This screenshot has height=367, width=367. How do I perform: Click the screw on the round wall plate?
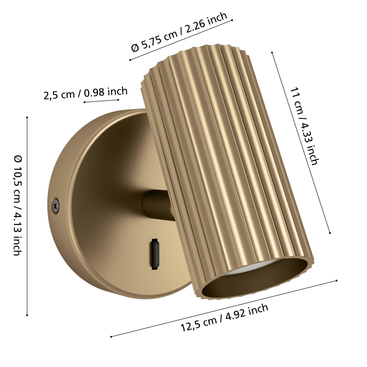[x=55, y=204]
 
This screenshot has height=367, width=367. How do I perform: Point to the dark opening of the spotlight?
[x=254, y=281]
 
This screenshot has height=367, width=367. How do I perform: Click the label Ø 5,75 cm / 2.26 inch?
[x=179, y=33]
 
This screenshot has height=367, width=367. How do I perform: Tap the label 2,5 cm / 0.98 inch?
[x=85, y=93]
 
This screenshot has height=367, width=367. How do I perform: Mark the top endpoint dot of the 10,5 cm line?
[x=27, y=117]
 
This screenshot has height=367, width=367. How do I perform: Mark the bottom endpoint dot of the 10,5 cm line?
[x=27, y=315]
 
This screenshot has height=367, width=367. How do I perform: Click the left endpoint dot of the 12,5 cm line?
[x=111, y=337]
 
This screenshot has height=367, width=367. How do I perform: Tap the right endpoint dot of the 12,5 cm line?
[x=337, y=280]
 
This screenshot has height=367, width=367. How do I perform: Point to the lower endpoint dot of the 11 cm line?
[x=330, y=233]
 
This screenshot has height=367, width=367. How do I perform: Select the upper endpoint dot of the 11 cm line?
[x=272, y=52]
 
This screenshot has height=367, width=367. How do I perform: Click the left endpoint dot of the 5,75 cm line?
[x=130, y=60]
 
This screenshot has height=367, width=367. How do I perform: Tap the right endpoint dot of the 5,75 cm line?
[x=232, y=20]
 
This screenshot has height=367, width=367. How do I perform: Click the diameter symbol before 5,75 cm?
[x=135, y=47]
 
